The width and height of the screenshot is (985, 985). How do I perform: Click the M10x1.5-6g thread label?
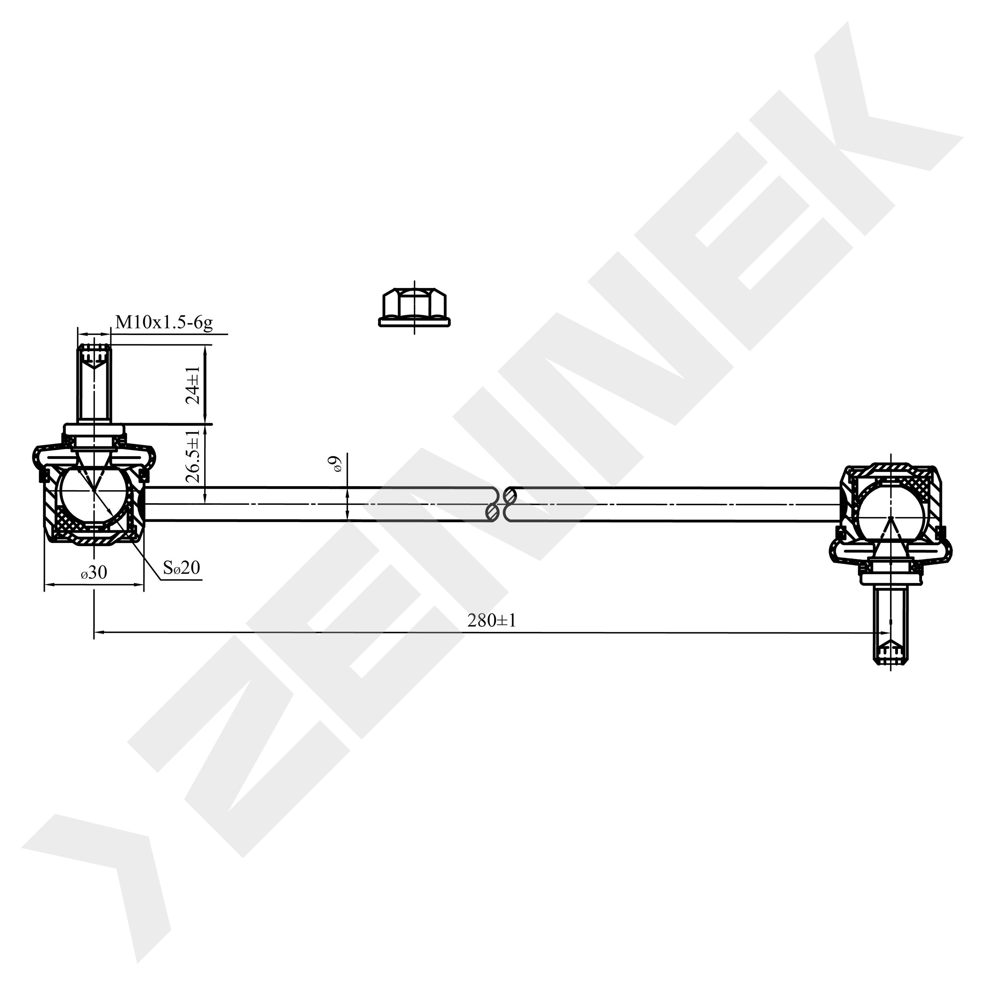[x=164, y=323]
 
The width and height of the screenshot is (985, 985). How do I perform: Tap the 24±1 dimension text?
[x=193, y=385]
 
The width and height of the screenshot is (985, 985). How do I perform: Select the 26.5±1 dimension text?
[x=193, y=456]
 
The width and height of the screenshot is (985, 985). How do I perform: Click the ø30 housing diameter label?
[x=94, y=573]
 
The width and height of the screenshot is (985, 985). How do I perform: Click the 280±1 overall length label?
[x=491, y=621]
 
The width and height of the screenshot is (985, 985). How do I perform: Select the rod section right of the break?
[x=673, y=504]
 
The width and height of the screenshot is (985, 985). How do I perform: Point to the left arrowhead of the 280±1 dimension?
[x=100, y=633]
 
